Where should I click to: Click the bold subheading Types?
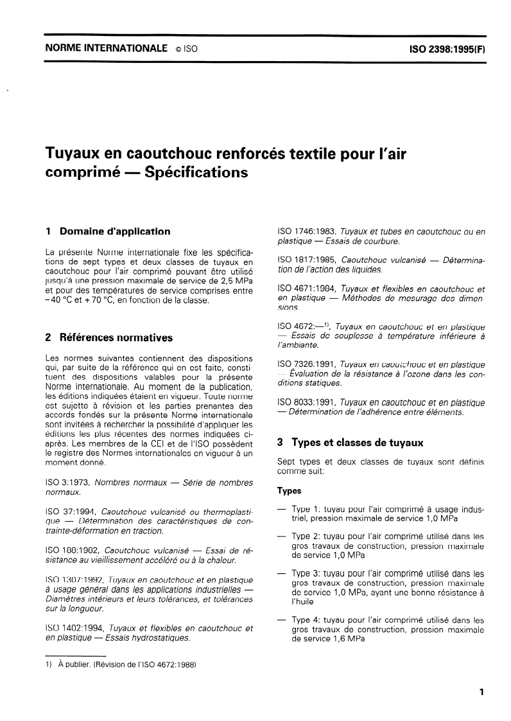289,491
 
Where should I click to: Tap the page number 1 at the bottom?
481,693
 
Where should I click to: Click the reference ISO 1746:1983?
305,231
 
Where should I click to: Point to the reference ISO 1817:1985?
305,258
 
